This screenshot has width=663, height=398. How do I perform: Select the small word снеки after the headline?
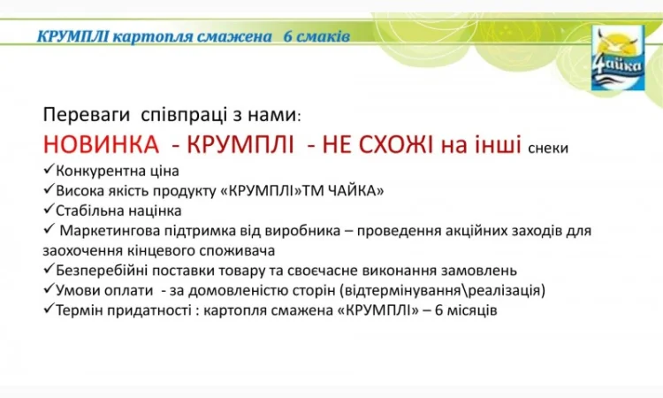pyautogui.click(x=548, y=149)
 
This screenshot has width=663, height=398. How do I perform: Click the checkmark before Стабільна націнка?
pyautogui.click(x=48, y=210)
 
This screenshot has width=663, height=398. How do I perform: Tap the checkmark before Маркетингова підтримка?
pyautogui.click(x=48, y=231)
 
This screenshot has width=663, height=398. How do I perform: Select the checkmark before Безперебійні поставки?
pyautogui.click(x=48, y=270)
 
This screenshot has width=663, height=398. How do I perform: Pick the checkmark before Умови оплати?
pyautogui.click(x=48, y=290)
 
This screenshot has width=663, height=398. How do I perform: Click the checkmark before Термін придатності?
pyautogui.click(x=48, y=310)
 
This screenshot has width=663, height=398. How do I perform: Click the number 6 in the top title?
pyautogui.click(x=288, y=36)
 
